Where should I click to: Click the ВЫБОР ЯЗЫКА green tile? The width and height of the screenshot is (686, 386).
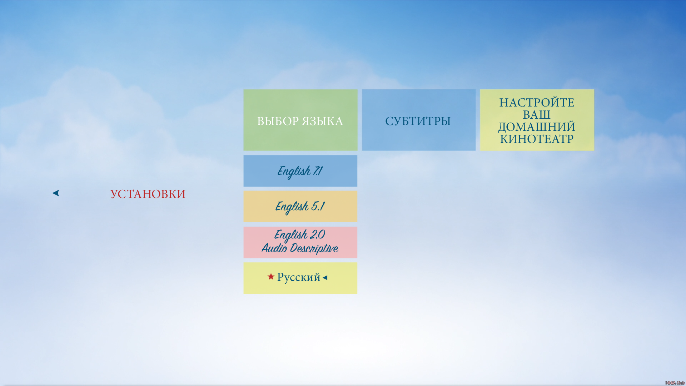[300, 120]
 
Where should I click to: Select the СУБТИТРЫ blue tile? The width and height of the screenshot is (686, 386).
[419, 120]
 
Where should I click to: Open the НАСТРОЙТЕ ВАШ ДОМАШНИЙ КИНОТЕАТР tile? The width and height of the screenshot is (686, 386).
[537, 120]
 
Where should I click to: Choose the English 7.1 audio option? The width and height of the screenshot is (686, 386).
[300, 171]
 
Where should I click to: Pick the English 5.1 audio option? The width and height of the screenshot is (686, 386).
[300, 206]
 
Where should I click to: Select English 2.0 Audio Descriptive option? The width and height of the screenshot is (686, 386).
[300, 242]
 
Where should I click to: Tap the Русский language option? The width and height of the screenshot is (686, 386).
[300, 278]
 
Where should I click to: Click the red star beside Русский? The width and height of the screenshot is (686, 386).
[271, 276]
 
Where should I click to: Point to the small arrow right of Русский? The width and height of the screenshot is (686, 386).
[325, 277]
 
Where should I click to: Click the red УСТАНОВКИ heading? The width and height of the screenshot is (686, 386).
[148, 194]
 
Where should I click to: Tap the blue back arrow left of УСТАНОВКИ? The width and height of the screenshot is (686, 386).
[56, 193]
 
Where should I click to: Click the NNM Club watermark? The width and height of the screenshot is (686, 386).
[675, 383]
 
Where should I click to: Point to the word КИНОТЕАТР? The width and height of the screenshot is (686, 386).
[537, 139]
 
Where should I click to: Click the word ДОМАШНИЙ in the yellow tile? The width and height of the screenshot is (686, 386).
[537, 127]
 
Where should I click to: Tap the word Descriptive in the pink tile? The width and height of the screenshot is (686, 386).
[314, 248]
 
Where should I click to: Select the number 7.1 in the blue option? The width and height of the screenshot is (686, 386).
[318, 171]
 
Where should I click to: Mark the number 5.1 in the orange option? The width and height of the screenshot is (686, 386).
[318, 206]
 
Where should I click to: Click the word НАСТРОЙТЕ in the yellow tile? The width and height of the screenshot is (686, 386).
[537, 103]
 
